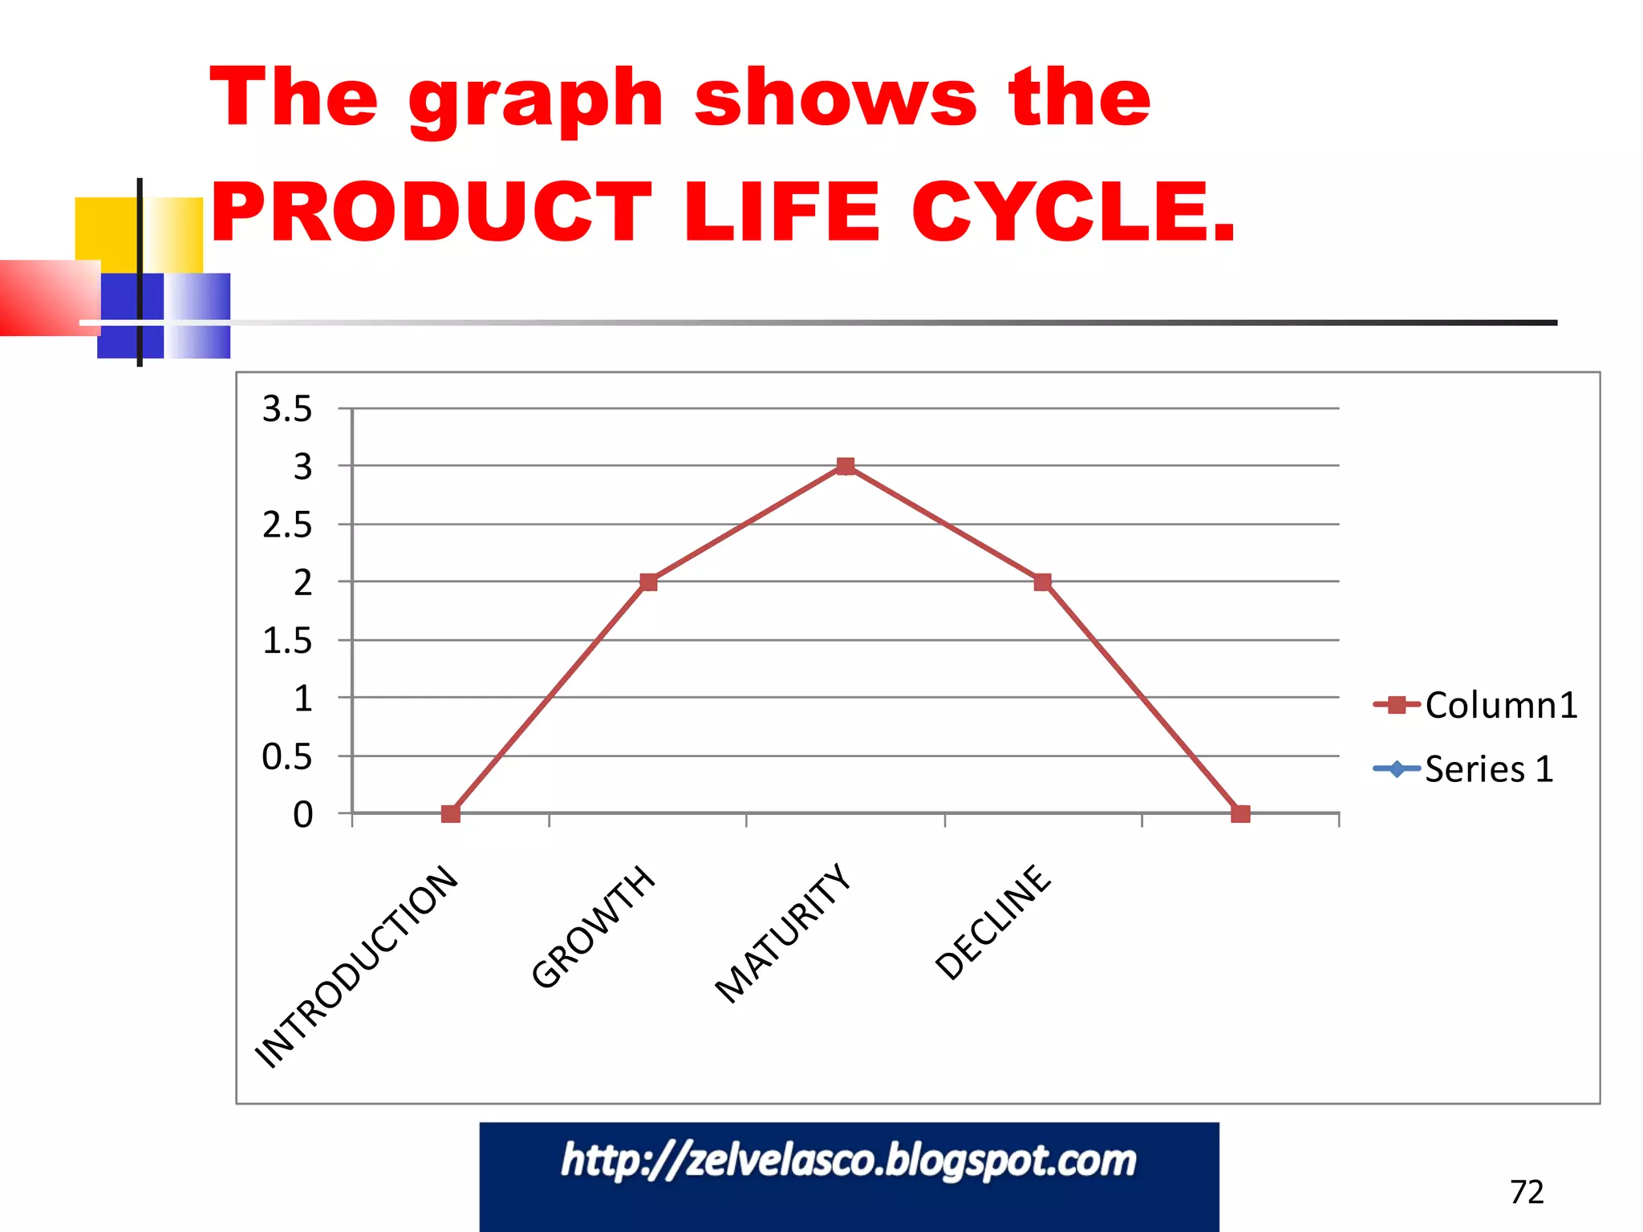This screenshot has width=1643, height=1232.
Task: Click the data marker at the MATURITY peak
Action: [x=845, y=466]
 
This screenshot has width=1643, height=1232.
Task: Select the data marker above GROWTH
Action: [x=648, y=582]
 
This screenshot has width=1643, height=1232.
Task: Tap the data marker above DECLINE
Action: [x=1042, y=582]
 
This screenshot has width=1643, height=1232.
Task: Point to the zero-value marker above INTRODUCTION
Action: [x=451, y=814]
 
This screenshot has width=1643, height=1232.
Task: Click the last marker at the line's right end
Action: [x=1240, y=814]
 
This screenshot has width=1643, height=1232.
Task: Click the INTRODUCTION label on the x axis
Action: [x=356, y=967]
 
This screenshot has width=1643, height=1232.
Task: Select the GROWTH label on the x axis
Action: [x=593, y=926]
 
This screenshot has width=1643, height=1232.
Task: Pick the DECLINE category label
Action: [x=992, y=922]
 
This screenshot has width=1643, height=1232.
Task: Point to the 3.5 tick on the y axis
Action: [x=287, y=409]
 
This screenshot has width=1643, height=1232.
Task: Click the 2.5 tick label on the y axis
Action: [x=287, y=525]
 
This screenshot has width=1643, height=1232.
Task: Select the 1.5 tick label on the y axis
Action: [x=287, y=641]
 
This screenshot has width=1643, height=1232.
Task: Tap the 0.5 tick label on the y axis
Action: [x=287, y=756]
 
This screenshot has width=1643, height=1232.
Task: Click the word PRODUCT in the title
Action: [x=432, y=211]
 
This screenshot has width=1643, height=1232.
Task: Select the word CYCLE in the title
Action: [x=1073, y=211]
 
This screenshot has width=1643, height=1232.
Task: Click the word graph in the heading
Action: [x=536, y=100]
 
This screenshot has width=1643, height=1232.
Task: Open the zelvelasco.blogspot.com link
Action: [x=849, y=1161]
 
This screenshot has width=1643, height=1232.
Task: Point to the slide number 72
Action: [x=1527, y=1192]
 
